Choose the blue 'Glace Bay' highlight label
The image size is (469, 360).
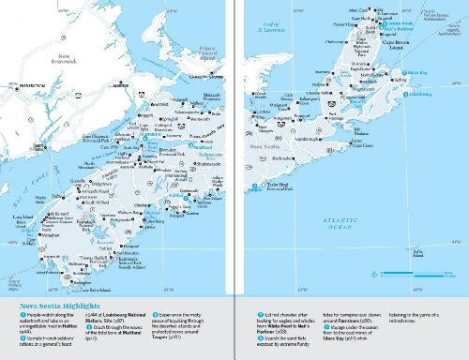click(x=418, y=71)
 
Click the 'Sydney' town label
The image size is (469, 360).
click(x=406, y=81)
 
